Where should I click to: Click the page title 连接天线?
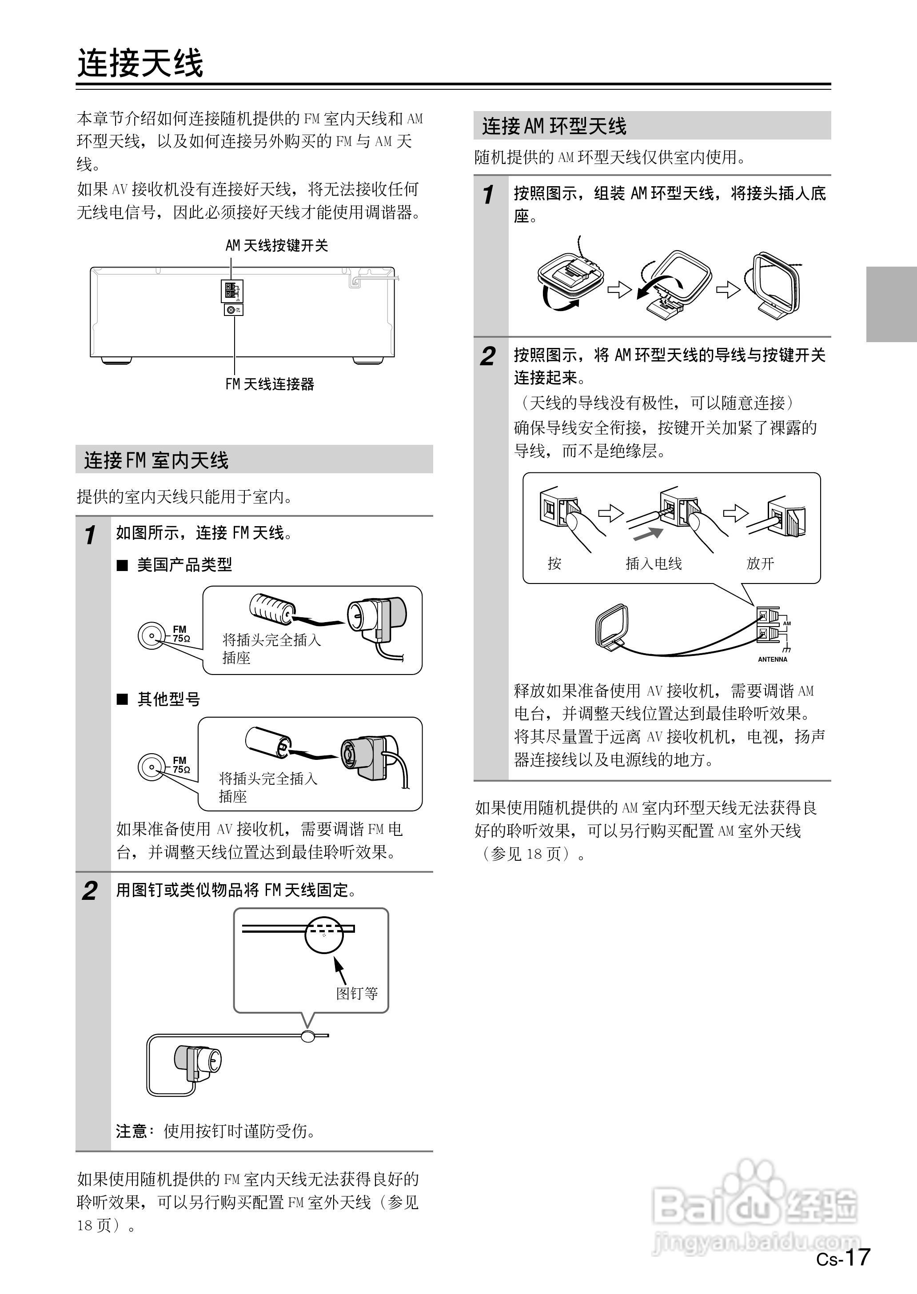140,62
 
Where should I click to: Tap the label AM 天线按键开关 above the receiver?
277,245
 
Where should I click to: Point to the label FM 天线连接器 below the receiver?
269,384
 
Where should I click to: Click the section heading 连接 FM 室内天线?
156,460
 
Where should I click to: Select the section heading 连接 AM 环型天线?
554,126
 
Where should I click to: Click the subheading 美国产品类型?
184,564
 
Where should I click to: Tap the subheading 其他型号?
168,699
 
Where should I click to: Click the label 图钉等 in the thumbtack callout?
357,993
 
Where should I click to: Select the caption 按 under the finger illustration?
554,563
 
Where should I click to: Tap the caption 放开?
760,563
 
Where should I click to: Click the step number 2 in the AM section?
487,356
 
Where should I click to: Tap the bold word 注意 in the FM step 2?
131,1131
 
